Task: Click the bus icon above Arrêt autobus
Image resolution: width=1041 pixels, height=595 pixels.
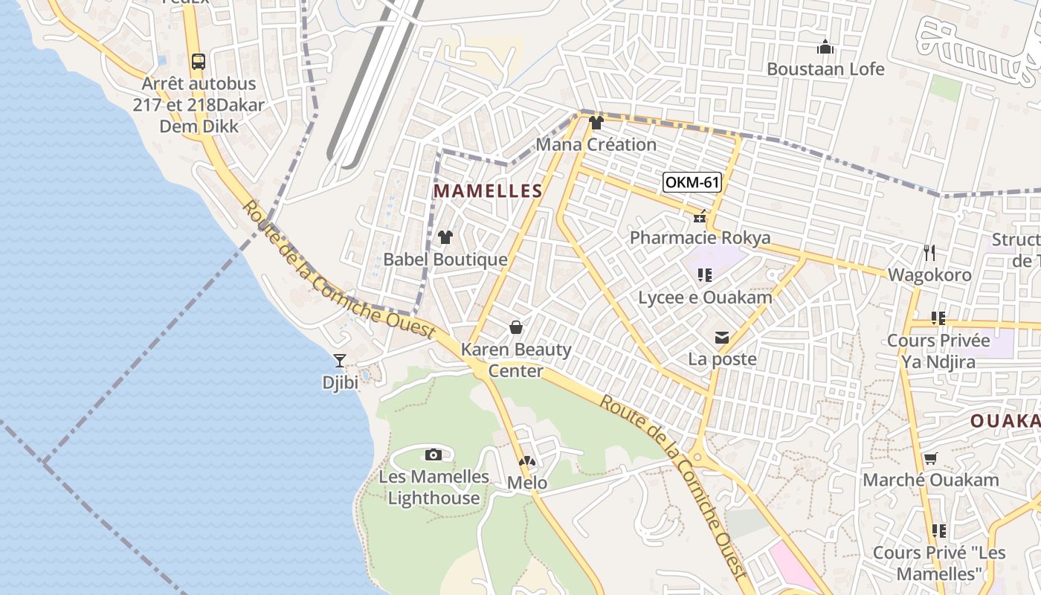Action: (198, 62)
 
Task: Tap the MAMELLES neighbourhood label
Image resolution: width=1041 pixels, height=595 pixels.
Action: (488, 191)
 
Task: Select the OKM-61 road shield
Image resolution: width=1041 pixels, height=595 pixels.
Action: (692, 182)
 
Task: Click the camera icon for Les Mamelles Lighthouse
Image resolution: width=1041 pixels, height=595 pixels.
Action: (434, 454)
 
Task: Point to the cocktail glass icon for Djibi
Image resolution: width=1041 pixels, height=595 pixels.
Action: (340, 361)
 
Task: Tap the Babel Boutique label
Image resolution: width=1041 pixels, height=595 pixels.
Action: (445, 260)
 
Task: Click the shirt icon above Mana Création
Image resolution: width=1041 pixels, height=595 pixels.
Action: (596, 123)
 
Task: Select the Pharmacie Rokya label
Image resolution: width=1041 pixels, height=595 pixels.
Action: (700, 238)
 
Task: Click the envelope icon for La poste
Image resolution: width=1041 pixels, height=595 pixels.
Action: (721, 338)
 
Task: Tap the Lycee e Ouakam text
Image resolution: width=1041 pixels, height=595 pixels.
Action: (705, 297)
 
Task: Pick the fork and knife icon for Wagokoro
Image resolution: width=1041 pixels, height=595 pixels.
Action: (929, 253)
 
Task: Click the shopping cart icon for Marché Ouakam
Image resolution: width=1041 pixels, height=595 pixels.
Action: (930, 459)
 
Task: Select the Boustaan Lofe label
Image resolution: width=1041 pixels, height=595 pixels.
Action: (825, 69)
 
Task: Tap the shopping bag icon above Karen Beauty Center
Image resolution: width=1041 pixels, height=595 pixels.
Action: (515, 327)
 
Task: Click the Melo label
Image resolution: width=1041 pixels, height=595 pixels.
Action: (526, 483)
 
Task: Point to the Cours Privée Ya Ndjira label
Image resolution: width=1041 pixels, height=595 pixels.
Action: (938, 351)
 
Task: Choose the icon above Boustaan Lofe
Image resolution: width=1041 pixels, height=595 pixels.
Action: (825, 48)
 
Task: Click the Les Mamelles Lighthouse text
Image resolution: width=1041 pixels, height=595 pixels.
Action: (434, 487)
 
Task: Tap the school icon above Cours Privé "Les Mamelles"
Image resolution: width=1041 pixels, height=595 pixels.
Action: (938, 530)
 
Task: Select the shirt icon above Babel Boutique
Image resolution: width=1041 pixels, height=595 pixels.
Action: (445, 237)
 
